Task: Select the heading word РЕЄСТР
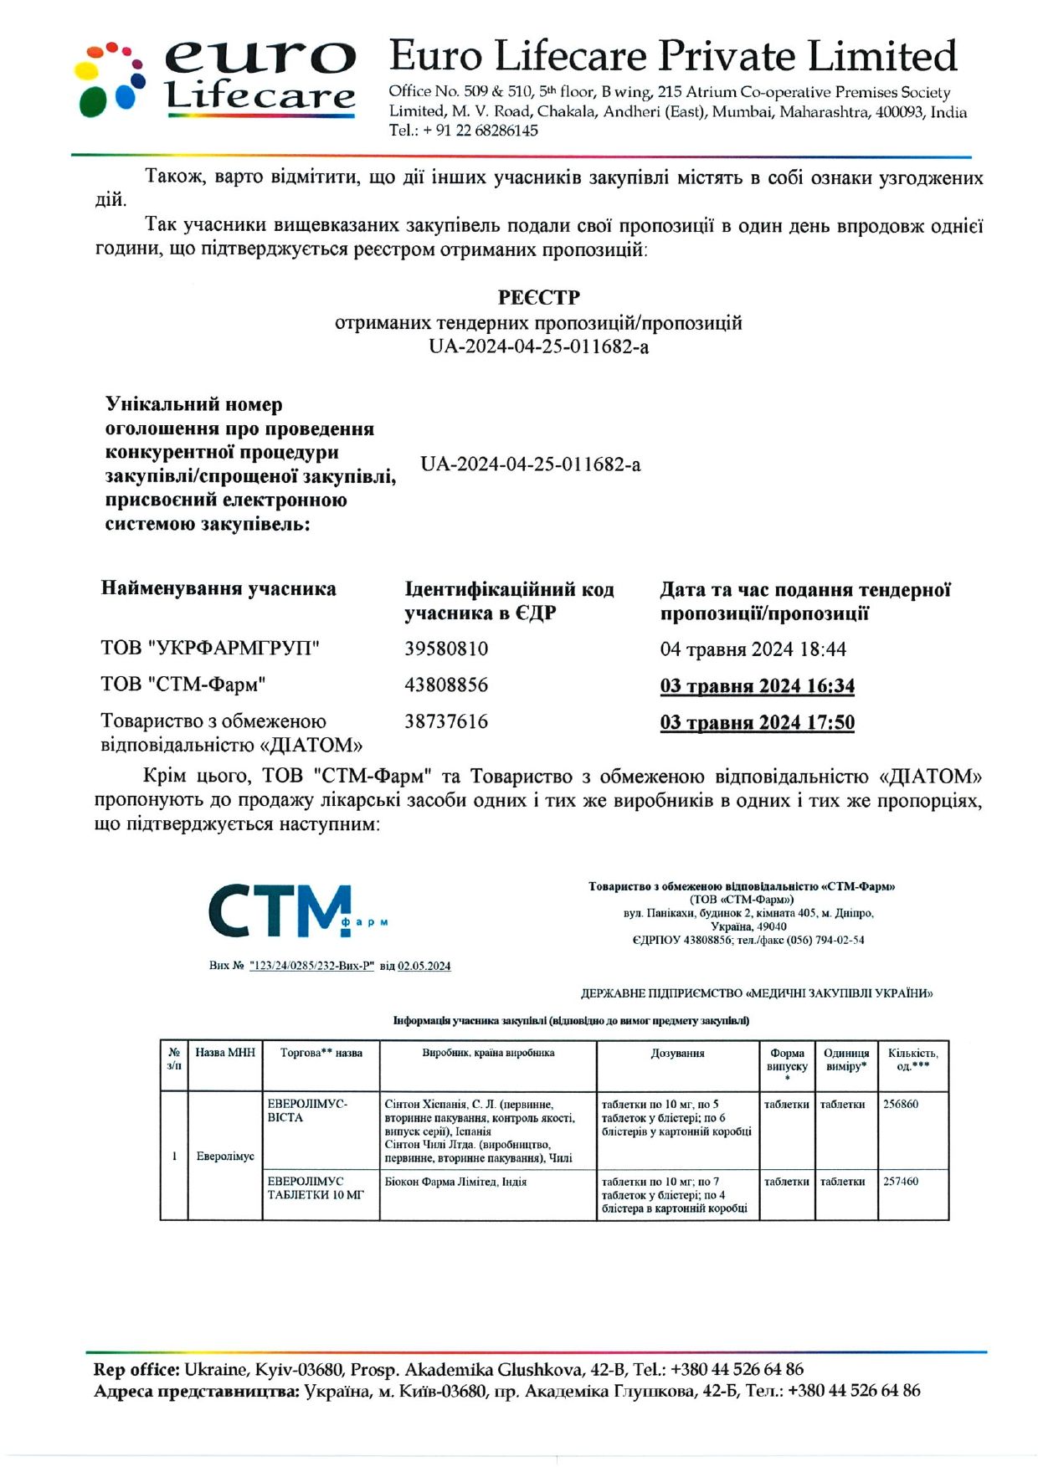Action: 538,298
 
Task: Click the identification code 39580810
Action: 446,649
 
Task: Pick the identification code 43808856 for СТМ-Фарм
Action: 446,685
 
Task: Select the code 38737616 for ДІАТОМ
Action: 446,722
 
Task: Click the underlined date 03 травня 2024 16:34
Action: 757,687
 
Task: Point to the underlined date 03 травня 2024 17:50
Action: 757,723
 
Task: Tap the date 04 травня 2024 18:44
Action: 753,650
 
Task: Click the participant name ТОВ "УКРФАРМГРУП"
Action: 210,649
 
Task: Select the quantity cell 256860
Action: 901,1105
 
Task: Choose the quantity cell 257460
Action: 901,1182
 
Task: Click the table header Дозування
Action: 677,1054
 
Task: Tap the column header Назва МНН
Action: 225,1053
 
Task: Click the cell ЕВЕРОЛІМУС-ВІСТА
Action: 307,1111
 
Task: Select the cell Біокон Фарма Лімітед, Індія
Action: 455,1182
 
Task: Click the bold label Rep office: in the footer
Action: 136,1370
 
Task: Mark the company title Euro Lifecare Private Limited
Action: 673,57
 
